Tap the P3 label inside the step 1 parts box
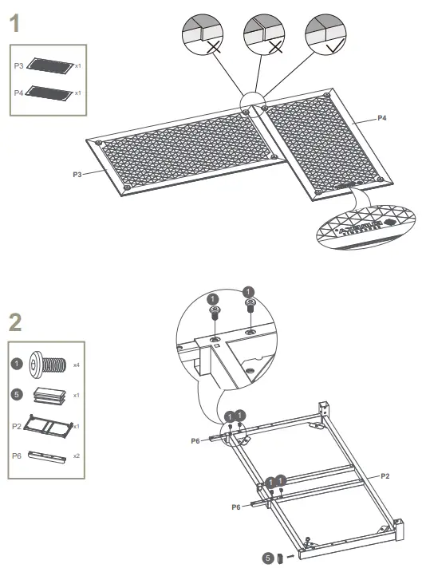point(19,66)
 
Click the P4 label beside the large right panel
point(382,118)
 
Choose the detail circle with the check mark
point(328,34)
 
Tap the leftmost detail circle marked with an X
point(204,34)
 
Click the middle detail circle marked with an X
point(266,34)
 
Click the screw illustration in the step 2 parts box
point(49,365)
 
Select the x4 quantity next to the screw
point(77,365)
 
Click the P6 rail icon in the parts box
point(49,456)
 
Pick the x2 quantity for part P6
point(77,456)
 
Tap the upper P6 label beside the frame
point(195,440)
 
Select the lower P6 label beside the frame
point(235,507)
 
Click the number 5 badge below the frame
point(269,558)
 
